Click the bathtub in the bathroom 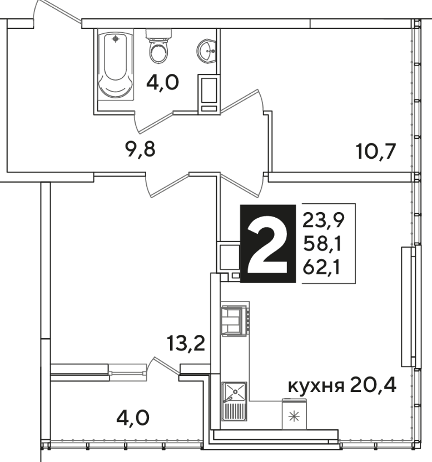(x=116, y=64)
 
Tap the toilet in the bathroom (x=159, y=46)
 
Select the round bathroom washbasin (x=206, y=51)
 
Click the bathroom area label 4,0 (x=162, y=83)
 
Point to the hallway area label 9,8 (x=140, y=149)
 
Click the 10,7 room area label (x=376, y=151)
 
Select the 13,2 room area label (x=186, y=343)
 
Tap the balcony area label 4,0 (x=133, y=418)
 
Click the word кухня (x=316, y=386)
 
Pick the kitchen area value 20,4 (x=373, y=384)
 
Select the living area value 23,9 (x=324, y=220)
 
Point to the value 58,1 (x=322, y=244)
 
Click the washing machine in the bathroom (x=208, y=94)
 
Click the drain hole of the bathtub (x=116, y=39)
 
